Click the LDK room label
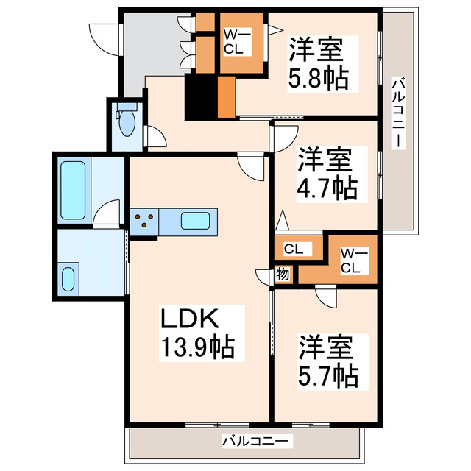[x=190, y=320]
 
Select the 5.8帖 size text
[x=318, y=77]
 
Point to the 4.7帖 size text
[x=327, y=188]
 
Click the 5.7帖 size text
[x=328, y=375]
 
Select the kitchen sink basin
[x=195, y=220]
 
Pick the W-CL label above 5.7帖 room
[x=350, y=261]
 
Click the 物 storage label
[x=283, y=273]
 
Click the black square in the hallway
[x=199, y=97]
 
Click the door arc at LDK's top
[x=250, y=168]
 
